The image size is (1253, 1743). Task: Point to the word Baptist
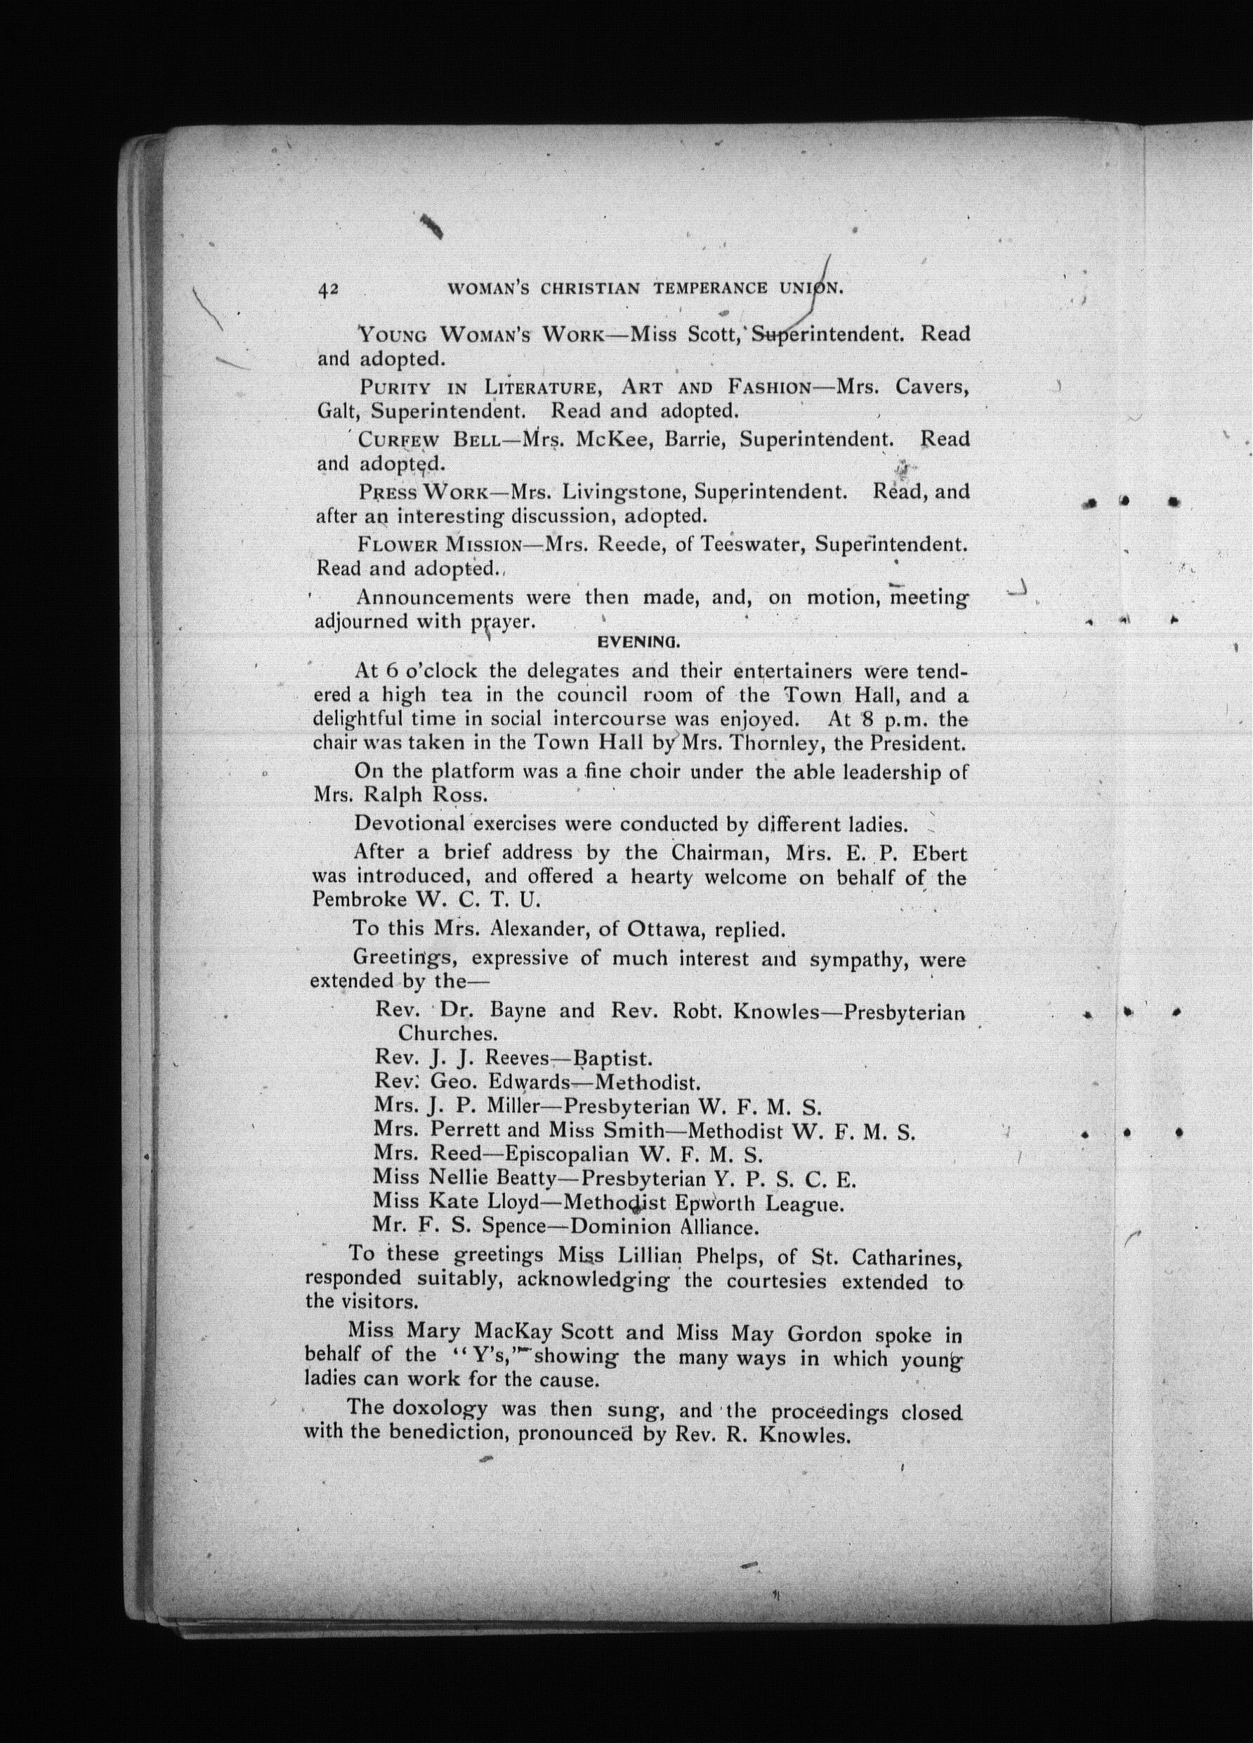pos(613,1059)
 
